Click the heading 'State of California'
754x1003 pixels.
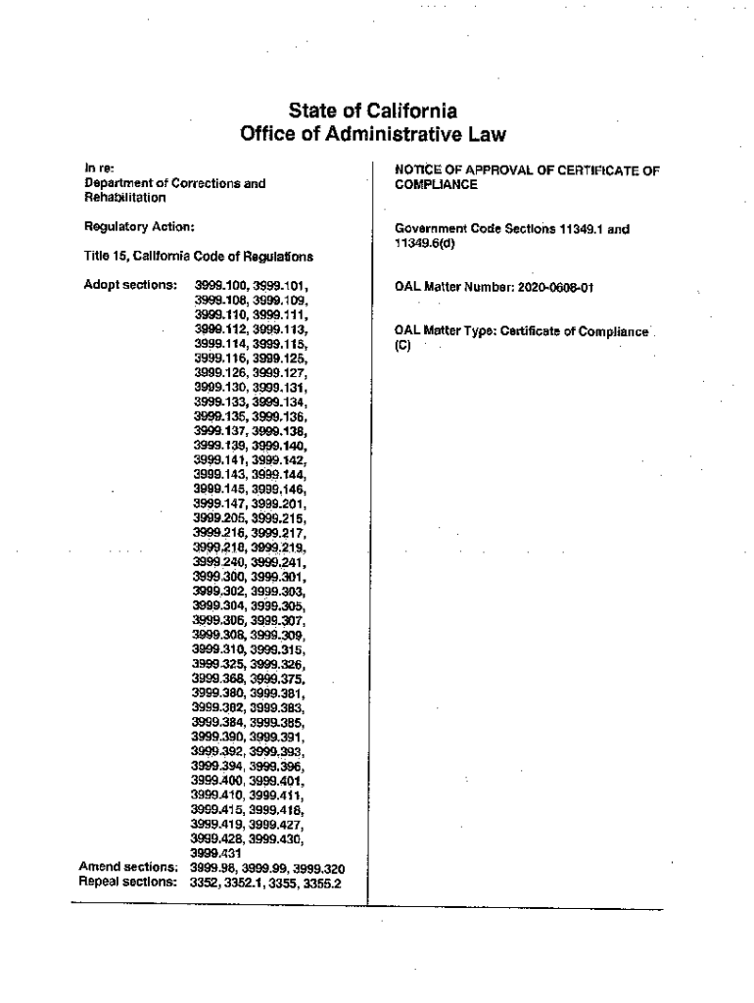click(x=376, y=110)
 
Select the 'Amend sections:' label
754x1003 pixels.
click(x=127, y=867)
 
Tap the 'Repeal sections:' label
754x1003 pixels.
click(x=127, y=882)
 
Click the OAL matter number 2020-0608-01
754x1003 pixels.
click(x=551, y=287)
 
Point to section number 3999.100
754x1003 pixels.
click(x=222, y=286)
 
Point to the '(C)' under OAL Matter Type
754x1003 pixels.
click(x=401, y=345)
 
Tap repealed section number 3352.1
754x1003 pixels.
click(x=250, y=882)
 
